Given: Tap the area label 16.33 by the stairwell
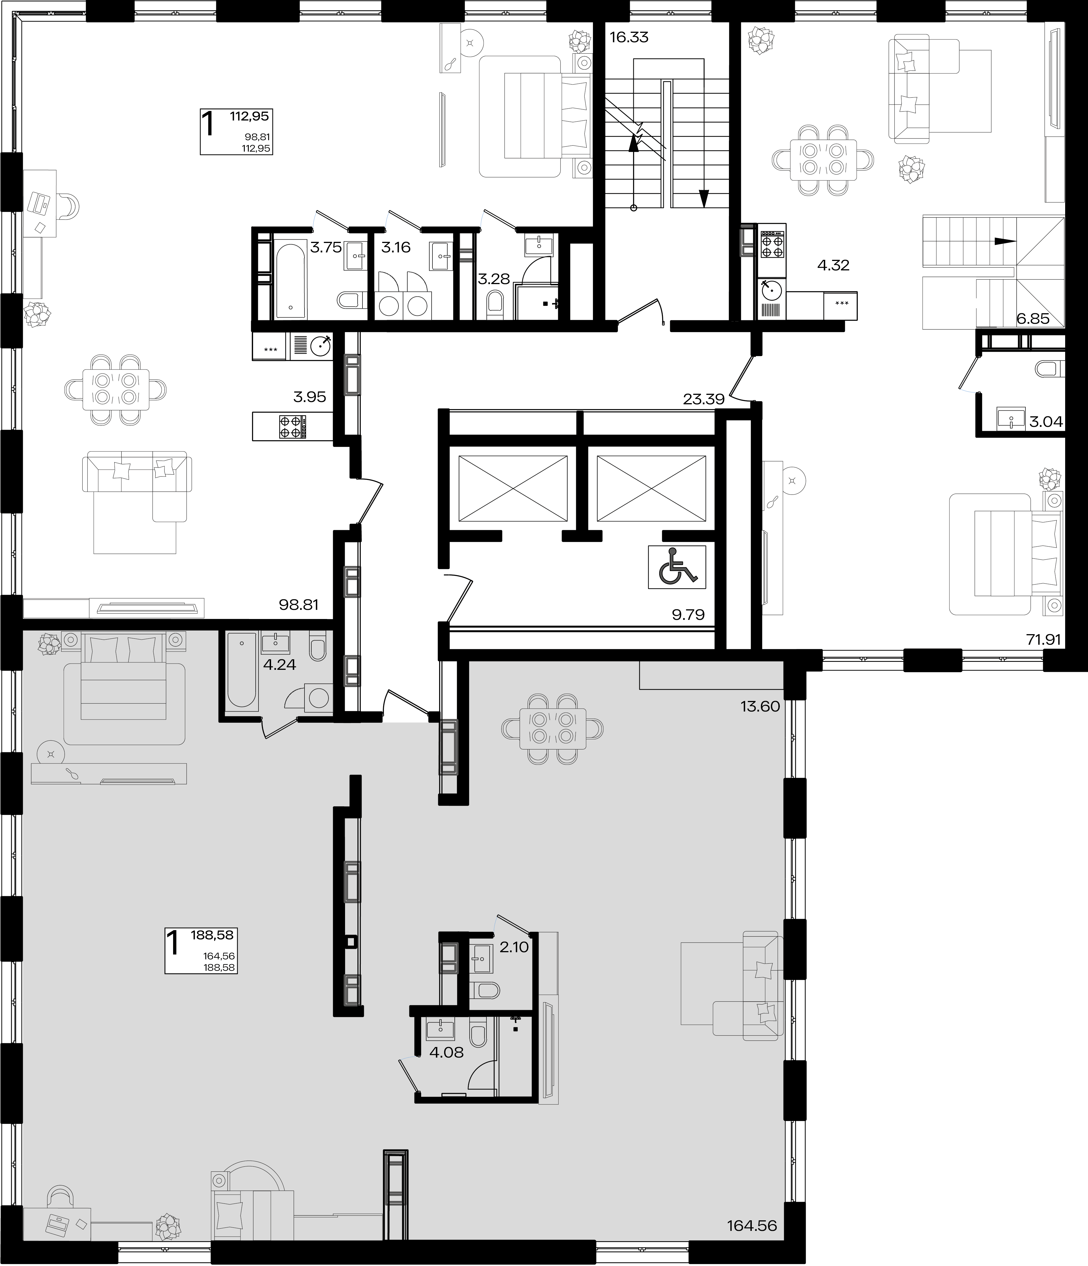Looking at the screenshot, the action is (x=629, y=37).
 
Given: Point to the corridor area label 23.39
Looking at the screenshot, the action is (x=704, y=400).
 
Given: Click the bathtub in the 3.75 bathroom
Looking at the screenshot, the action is (x=290, y=279).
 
